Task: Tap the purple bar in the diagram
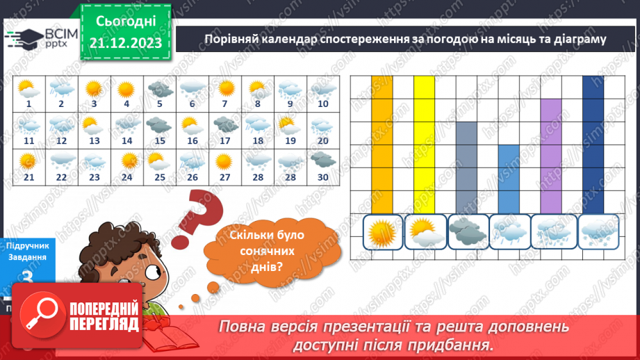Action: pyautogui.click(x=551, y=156)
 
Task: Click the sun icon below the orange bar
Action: pyautogui.click(x=383, y=231)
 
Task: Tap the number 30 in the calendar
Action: pyautogui.click(x=322, y=177)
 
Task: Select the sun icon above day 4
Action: pyautogui.click(x=126, y=89)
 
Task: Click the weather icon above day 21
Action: pyautogui.click(x=28, y=161)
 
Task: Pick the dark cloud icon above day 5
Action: pyautogui.click(x=159, y=89)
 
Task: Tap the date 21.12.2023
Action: pyautogui.click(x=125, y=42)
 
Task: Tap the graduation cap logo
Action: pyautogui.click(x=23, y=37)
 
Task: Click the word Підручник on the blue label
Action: pyautogui.click(x=26, y=245)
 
